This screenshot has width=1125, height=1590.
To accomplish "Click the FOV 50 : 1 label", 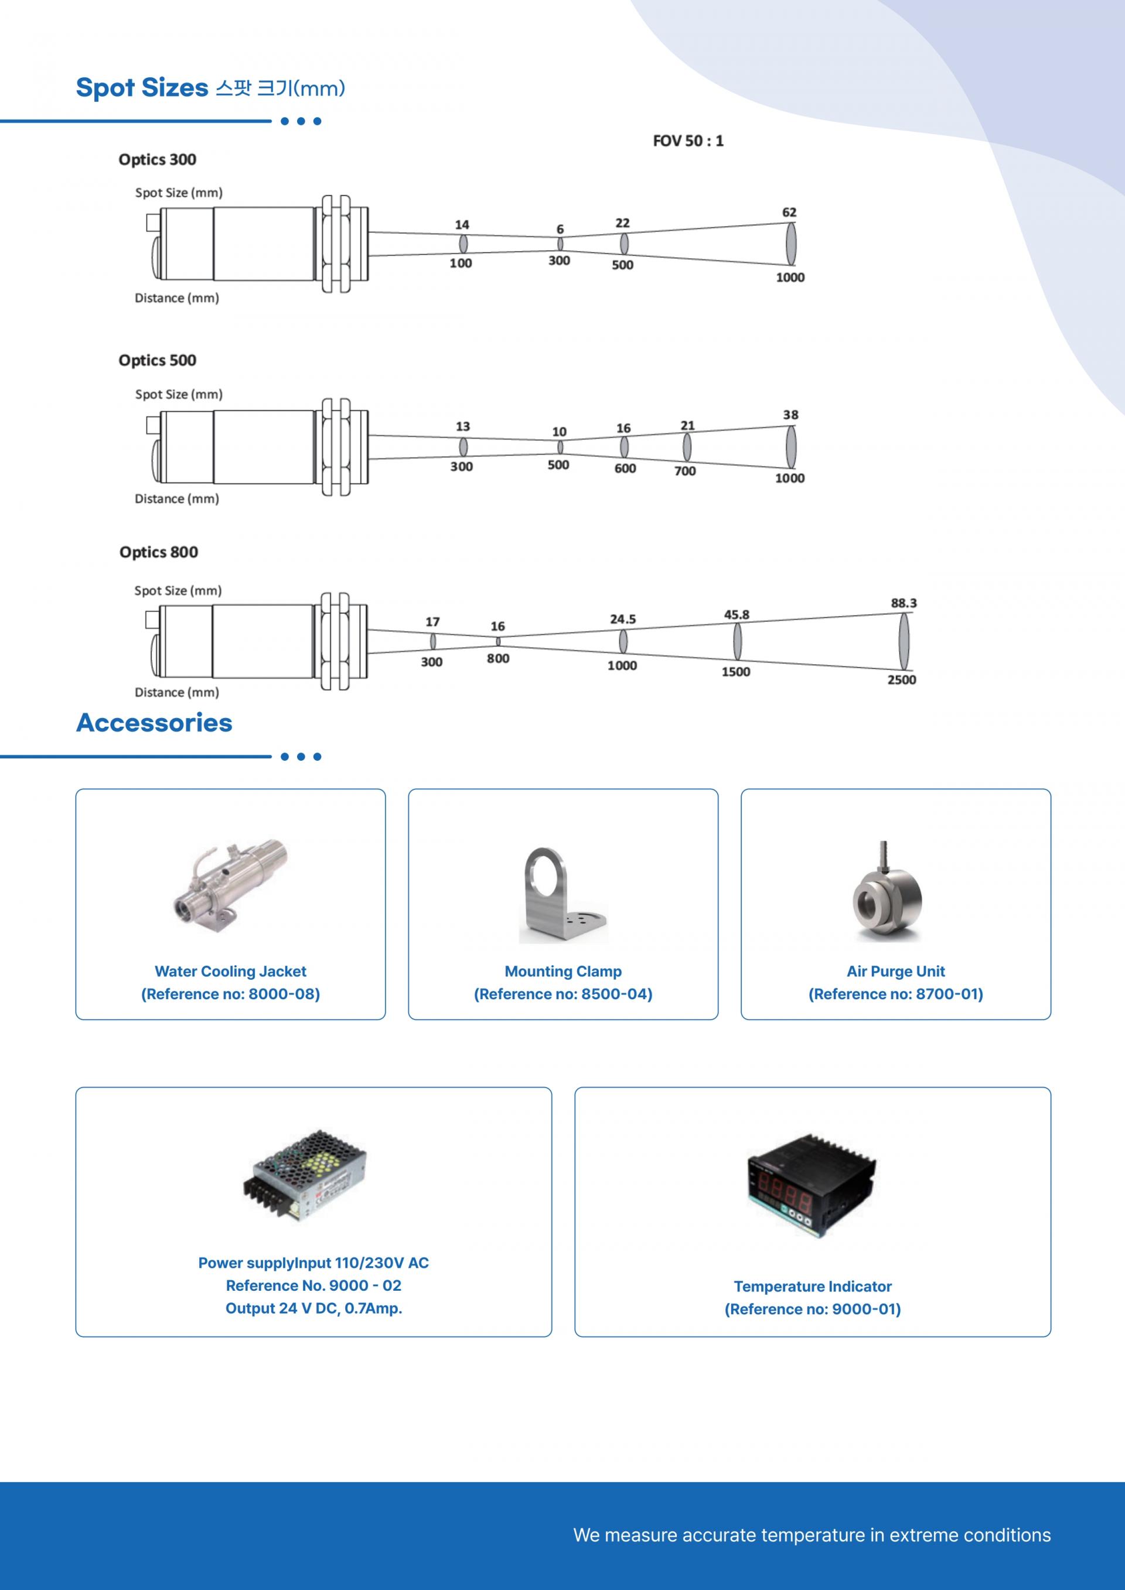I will pos(688,141).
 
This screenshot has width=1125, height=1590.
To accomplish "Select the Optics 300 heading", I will pos(157,159).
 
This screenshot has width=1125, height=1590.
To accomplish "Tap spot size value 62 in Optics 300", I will pos(789,212).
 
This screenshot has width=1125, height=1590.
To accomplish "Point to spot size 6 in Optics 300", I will pos(560,229).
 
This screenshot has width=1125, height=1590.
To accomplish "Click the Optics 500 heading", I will pos(157,360).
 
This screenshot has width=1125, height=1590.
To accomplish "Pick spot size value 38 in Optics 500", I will pos(790,415).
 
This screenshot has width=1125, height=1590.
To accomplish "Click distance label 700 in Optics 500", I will pos(685,471).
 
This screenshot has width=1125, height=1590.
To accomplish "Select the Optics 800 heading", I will pos(159,552).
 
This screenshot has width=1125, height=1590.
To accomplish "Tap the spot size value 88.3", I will pos(904,603).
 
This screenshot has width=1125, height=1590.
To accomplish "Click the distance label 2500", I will pos(901,679).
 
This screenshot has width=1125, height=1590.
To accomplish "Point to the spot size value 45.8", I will pos(737,614).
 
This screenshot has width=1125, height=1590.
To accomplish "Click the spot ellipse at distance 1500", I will pos(737,641).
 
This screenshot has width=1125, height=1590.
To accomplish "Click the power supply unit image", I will pos(305,1176).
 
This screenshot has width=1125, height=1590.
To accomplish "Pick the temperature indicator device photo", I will pos(811,1185).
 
